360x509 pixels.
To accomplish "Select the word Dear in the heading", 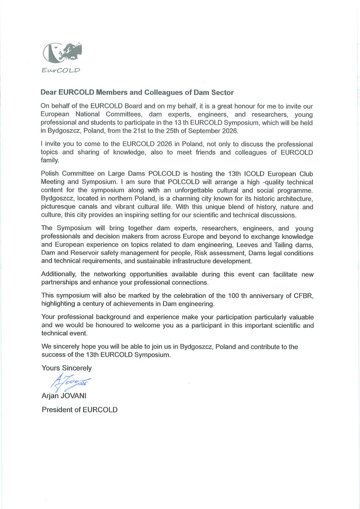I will click(x=50, y=93).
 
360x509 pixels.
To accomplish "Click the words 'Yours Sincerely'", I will click(x=66, y=368).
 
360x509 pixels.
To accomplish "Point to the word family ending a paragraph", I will click(x=50, y=161).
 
